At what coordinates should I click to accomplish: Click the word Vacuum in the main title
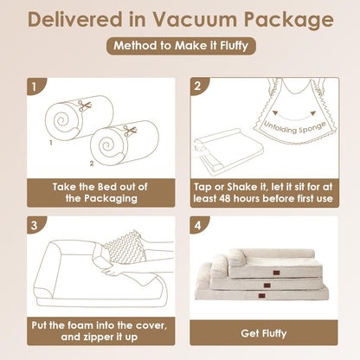195,20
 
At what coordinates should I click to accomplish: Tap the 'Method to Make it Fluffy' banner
181,46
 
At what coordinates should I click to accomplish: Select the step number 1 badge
35,87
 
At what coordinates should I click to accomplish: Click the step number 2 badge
198,86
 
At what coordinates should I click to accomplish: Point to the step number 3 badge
35,225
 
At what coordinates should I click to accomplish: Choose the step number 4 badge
198,225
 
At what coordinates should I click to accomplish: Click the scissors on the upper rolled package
85,106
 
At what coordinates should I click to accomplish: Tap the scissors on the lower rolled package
130,131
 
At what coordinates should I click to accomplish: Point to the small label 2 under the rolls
92,164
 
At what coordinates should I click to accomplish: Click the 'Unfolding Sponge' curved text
294,127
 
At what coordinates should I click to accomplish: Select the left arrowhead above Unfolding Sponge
275,112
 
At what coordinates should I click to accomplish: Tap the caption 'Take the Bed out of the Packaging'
100,193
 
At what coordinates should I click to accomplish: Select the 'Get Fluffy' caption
264,333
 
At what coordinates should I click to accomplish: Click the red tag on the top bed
276,273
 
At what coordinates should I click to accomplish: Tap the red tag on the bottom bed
262,295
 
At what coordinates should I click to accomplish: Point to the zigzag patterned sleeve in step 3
125,247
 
